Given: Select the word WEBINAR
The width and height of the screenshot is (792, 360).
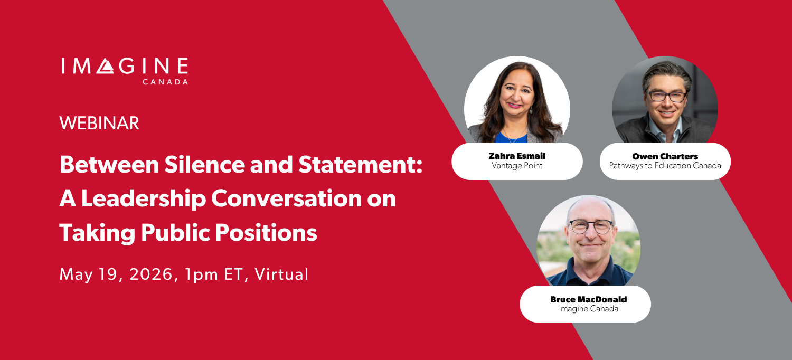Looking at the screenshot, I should tap(99, 123).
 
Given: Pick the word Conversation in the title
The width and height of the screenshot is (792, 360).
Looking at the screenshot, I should tap(293, 198).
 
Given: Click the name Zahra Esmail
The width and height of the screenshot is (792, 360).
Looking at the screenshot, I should tap(516, 156).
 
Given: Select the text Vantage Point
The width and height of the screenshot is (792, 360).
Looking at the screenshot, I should tap(516, 166).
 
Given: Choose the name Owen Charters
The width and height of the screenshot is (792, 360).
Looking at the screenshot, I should tap(665, 156).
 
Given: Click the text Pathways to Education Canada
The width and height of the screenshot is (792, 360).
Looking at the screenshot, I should tap(665, 166).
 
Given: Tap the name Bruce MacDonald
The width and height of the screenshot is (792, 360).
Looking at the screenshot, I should tap(588, 299).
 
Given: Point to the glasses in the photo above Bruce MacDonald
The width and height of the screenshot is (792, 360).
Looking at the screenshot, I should tap(591, 226).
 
